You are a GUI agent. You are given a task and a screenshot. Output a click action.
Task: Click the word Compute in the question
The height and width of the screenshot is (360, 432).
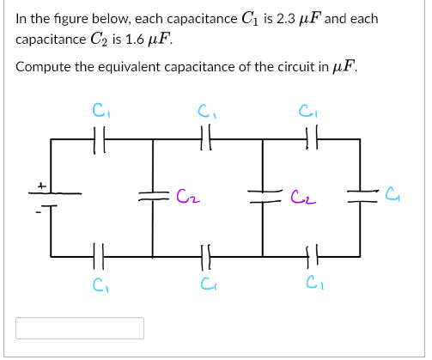(41, 68)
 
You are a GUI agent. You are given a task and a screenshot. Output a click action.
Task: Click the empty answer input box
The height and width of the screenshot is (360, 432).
(79, 328)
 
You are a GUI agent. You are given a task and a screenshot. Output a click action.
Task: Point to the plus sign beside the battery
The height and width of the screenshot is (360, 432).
(39, 184)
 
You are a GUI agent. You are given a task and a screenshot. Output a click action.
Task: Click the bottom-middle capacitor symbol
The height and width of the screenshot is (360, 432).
(205, 255)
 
